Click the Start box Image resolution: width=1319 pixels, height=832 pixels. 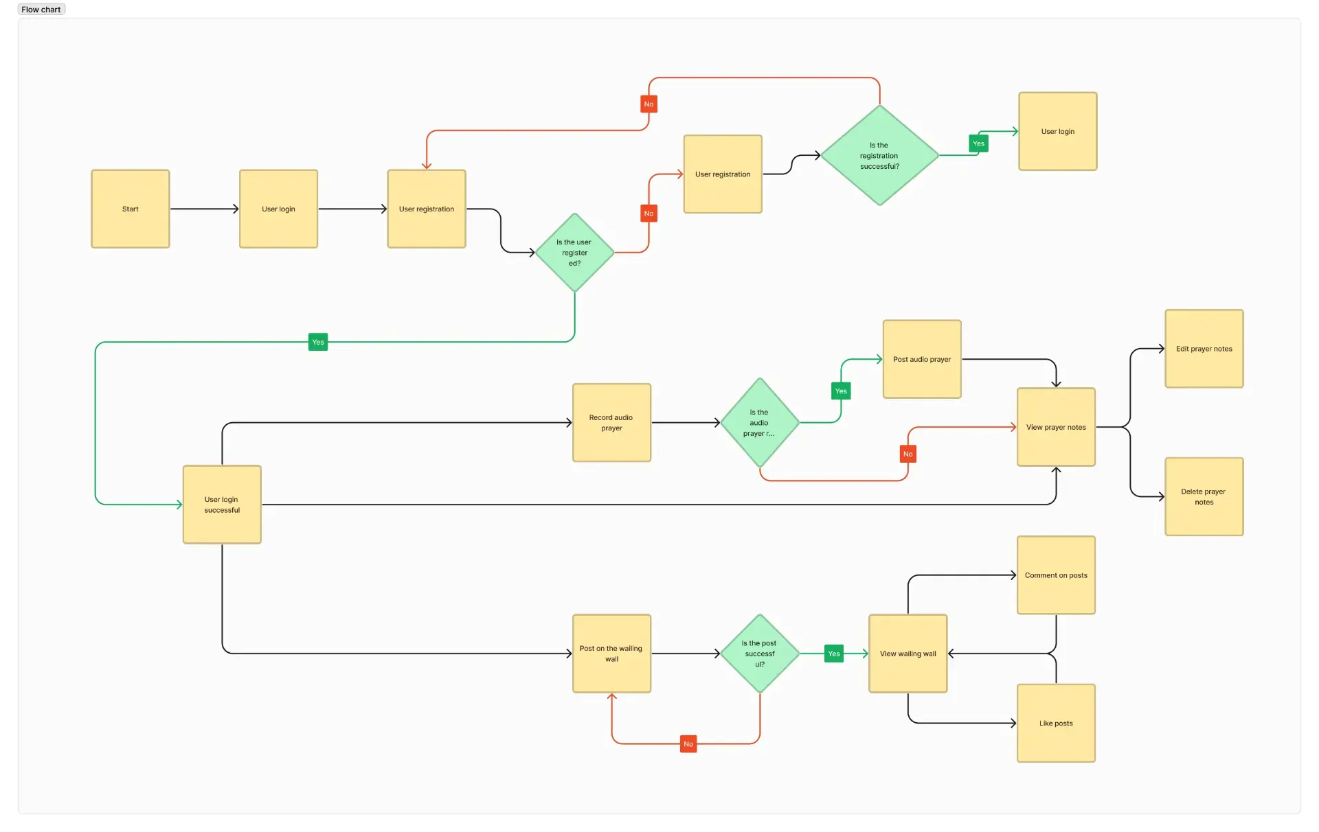pos(130,209)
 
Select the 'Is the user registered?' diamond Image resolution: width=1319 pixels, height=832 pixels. pos(574,253)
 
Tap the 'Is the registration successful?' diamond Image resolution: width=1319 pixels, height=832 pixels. pos(879,156)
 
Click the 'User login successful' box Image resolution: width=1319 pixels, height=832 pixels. pos(222,505)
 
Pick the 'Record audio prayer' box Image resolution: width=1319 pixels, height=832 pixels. pos(611,423)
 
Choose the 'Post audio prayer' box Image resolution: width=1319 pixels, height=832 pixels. pos(922,359)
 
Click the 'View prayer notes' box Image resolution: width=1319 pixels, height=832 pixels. pos(1056,427)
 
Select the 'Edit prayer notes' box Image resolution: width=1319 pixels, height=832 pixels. pos(1204,349)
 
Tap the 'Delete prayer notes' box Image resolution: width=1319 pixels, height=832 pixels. pos(1204,496)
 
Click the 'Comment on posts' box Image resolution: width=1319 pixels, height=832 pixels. pos(1056,575)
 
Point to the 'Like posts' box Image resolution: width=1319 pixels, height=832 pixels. pos(1056,723)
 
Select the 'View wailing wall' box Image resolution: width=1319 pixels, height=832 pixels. pos(907,654)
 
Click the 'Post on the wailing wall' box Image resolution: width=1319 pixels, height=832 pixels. pos(611,654)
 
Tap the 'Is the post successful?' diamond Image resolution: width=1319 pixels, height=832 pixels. pos(760,654)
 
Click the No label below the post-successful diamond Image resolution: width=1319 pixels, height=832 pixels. pos(688,744)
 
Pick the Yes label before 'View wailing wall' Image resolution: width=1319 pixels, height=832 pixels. pos(834,654)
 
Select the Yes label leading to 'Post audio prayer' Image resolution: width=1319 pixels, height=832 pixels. pos(841,391)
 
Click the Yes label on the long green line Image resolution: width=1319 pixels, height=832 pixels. pos(318,342)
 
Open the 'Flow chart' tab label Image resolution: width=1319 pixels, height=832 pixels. pos(41,10)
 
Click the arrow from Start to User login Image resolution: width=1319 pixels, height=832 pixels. pos(204,209)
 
